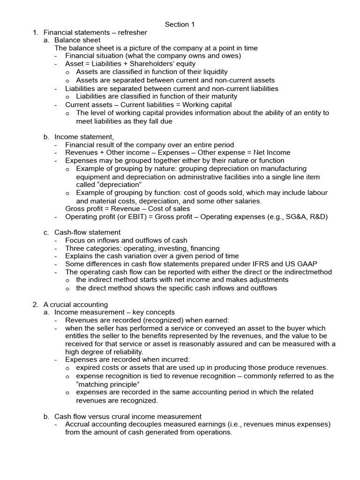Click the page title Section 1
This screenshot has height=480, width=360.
coord(180,24)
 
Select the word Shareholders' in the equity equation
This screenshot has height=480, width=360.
coord(155,64)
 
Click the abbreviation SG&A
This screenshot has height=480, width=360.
coord(290,217)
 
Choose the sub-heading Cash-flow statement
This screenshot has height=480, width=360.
coord(87,232)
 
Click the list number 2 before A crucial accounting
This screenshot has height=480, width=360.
coord(35,304)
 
